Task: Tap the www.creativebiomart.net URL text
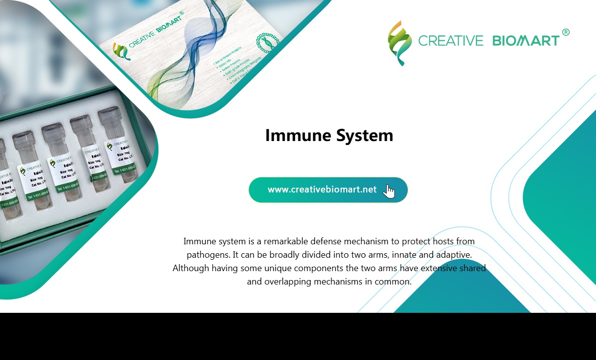pyautogui.click(x=322, y=190)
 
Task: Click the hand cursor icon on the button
pyautogui.click(x=389, y=191)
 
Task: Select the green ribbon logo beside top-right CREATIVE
pyautogui.click(x=400, y=43)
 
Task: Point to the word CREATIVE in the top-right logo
pyautogui.click(x=450, y=41)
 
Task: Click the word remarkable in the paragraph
pyautogui.click(x=286, y=241)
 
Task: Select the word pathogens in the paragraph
pyautogui.click(x=207, y=255)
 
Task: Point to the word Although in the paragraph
pyautogui.click(x=191, y=268)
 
